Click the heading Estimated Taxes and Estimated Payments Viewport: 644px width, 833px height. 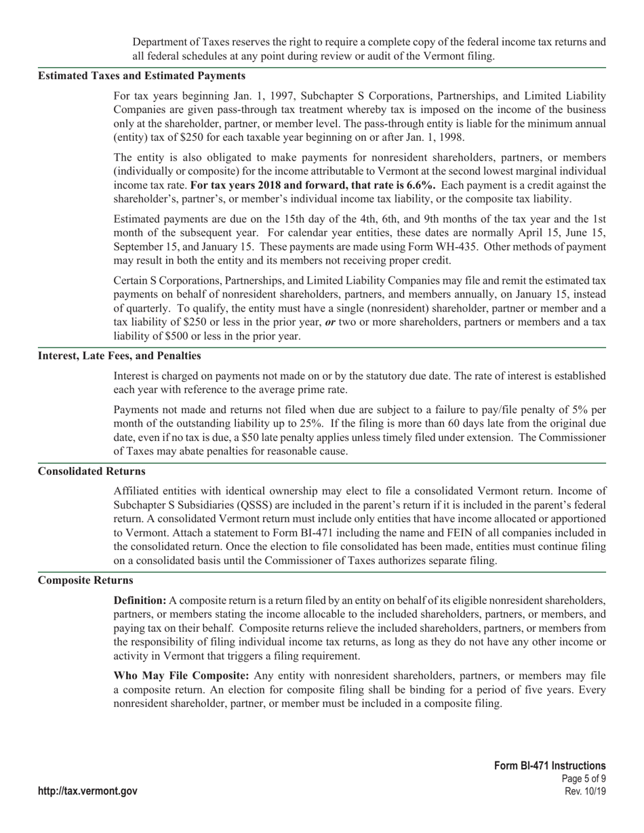point(142,75)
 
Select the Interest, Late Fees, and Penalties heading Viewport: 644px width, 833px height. point(119,356)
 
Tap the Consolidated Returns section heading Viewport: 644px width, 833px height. point(92,471)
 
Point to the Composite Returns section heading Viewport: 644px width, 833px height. point(85,580)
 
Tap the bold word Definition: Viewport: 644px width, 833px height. point(140,601)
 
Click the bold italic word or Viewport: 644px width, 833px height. point(330,322)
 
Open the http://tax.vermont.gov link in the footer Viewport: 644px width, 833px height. point(87,791)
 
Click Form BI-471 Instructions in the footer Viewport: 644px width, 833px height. point(550,765)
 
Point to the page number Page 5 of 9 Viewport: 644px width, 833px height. point(584,779)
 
